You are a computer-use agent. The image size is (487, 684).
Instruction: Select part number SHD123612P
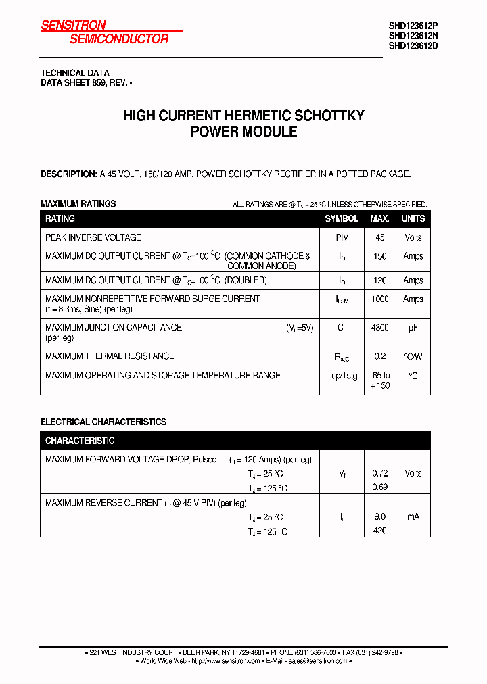pyautogui.click(x=413, y=27)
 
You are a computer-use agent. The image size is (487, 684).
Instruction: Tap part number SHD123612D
pyautogui.click(x=413, y=46)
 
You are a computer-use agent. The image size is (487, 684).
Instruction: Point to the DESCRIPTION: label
pyautogui.click(x=68, y=174)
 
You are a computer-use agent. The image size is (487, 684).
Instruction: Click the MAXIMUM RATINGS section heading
pyautogui.click(x=78, y=203)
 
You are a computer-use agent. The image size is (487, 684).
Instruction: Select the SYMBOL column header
pyautogui.click(x=342, y=219)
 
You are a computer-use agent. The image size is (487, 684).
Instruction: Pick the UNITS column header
pyautogui.click(x=413, y=219)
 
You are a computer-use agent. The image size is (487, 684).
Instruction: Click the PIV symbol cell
pyautogui.click(x=342, y=238)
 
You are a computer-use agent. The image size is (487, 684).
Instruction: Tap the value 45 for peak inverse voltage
pyautogui.click(x=379, y=238)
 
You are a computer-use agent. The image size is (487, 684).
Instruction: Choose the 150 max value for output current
pyautogui.click(x=379, y=256)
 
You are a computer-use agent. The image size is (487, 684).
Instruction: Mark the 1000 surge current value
pyautogui.click(x=379, y=299)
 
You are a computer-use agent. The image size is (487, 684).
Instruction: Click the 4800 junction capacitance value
pyautogui.click(x=379, y=328)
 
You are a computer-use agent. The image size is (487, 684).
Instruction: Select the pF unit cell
pyautogui.click(x=413, y=328)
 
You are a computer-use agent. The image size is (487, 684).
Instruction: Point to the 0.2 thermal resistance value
pyautogui.click(x=379, y=356)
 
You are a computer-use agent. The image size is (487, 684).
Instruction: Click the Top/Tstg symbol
pyautogui.click(x=342, y=376)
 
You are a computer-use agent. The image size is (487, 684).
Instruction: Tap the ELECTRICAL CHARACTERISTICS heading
pyautogui.click(x=103, y=422)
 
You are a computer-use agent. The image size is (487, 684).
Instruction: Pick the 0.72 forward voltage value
pyautogui.click(x=379, y=473)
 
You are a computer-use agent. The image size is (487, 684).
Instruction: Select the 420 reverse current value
pyautogui.click(x=379, y=531)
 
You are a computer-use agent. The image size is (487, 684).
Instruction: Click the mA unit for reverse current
pyautogui.click(x=413, y=516)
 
